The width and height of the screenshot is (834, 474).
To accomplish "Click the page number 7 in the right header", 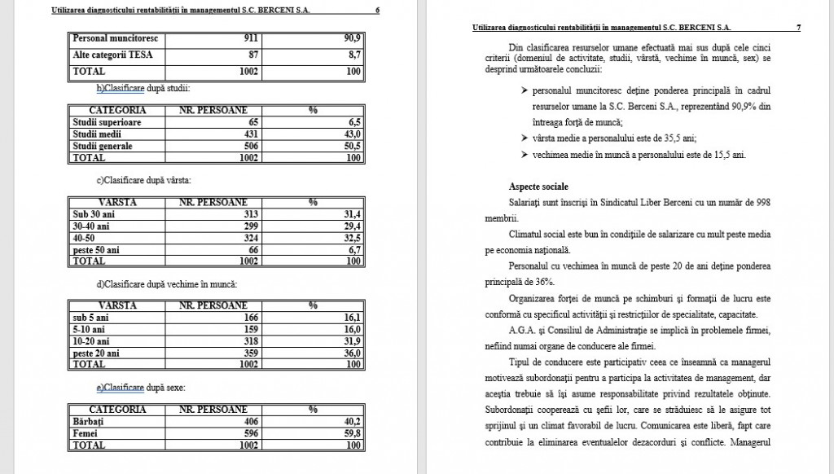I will pyautogui.click(x=798, y=28).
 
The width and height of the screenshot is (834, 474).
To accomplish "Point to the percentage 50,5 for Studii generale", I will pyautogui.click(x=352, y=146).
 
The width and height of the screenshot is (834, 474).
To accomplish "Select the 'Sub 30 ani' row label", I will pyautogui.click(x=91, y=213).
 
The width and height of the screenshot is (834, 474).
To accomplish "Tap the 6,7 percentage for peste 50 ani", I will pyautogui.click(x=354, y=250).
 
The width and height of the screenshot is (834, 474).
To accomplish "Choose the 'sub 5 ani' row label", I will pyautogui.click(x=90, y=317).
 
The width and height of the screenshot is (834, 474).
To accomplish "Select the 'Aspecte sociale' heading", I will pyautogui.click(x=539, y=187).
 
